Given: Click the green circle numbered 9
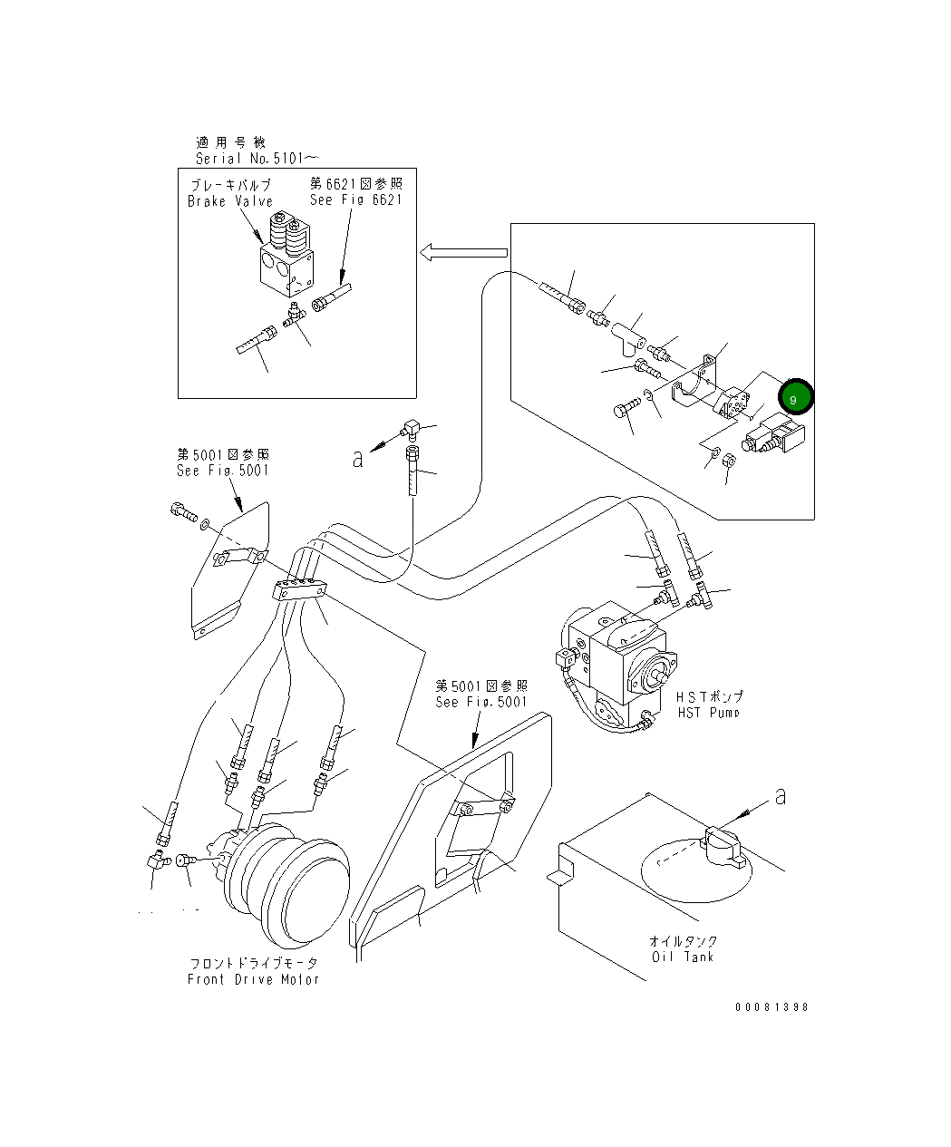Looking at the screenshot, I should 793,397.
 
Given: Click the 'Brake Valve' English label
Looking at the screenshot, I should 230,201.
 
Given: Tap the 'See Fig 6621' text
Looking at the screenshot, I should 355,199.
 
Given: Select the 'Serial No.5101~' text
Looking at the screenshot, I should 257,158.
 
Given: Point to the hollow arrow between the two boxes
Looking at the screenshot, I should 462,253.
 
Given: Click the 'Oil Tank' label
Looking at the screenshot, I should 683,957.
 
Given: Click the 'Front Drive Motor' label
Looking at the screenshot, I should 253,979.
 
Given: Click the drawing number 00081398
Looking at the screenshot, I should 771,1006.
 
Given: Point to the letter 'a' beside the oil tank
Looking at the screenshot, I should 780,797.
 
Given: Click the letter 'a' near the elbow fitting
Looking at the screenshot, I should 358,459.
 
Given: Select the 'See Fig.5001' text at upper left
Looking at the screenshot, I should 223,471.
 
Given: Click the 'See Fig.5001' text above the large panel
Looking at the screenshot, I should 480,702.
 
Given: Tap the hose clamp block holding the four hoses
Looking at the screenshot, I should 298,589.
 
